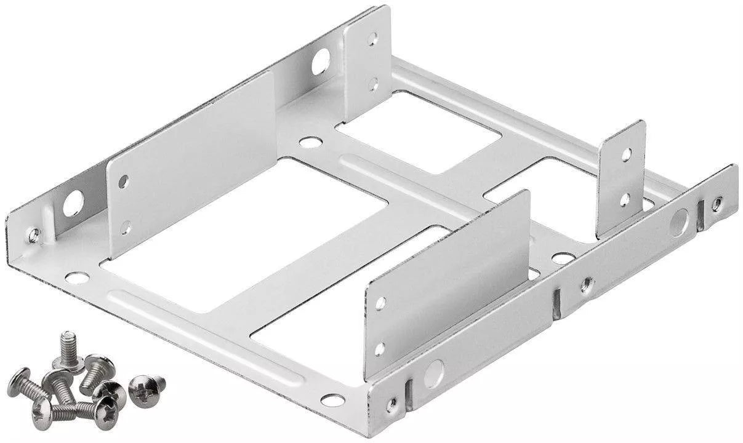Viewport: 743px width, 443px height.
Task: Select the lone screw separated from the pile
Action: click(x=145, y=386)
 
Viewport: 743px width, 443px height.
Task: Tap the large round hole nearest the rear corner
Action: click(x=320, y=62)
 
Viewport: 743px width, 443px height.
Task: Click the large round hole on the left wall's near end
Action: click(x=73, y=202)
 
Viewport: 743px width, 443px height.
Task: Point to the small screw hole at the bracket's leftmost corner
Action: click(x=34, y=234)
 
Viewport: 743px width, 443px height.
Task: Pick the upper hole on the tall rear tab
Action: click(x=372, y=39)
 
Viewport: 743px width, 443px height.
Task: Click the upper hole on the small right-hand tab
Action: click(x=625, y=154)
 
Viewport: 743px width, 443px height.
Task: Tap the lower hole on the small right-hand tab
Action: click(x=624, y=199)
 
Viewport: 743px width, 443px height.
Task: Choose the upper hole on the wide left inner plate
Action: click(x=123, y=181)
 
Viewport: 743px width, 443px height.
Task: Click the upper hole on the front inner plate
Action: click(x=380, y=303)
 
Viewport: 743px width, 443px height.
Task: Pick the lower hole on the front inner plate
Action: click(x=380, y=348)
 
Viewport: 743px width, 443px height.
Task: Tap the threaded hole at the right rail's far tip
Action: click(x=717, y=204)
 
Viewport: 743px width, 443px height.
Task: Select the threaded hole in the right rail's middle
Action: click(x=587, y=284)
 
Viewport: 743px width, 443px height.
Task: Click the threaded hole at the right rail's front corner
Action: click(x=392, y=404)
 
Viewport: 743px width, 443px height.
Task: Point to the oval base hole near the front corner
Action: click(x=332, y=400)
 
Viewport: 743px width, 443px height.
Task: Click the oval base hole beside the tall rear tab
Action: click(x=310, y=143)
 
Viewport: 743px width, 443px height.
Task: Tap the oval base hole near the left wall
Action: click(x=77, y=277)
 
